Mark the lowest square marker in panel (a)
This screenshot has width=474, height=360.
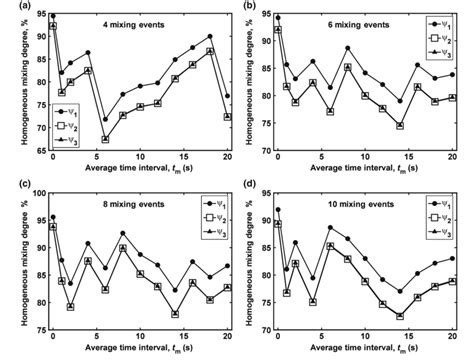105,140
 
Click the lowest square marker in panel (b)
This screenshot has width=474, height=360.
399,126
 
